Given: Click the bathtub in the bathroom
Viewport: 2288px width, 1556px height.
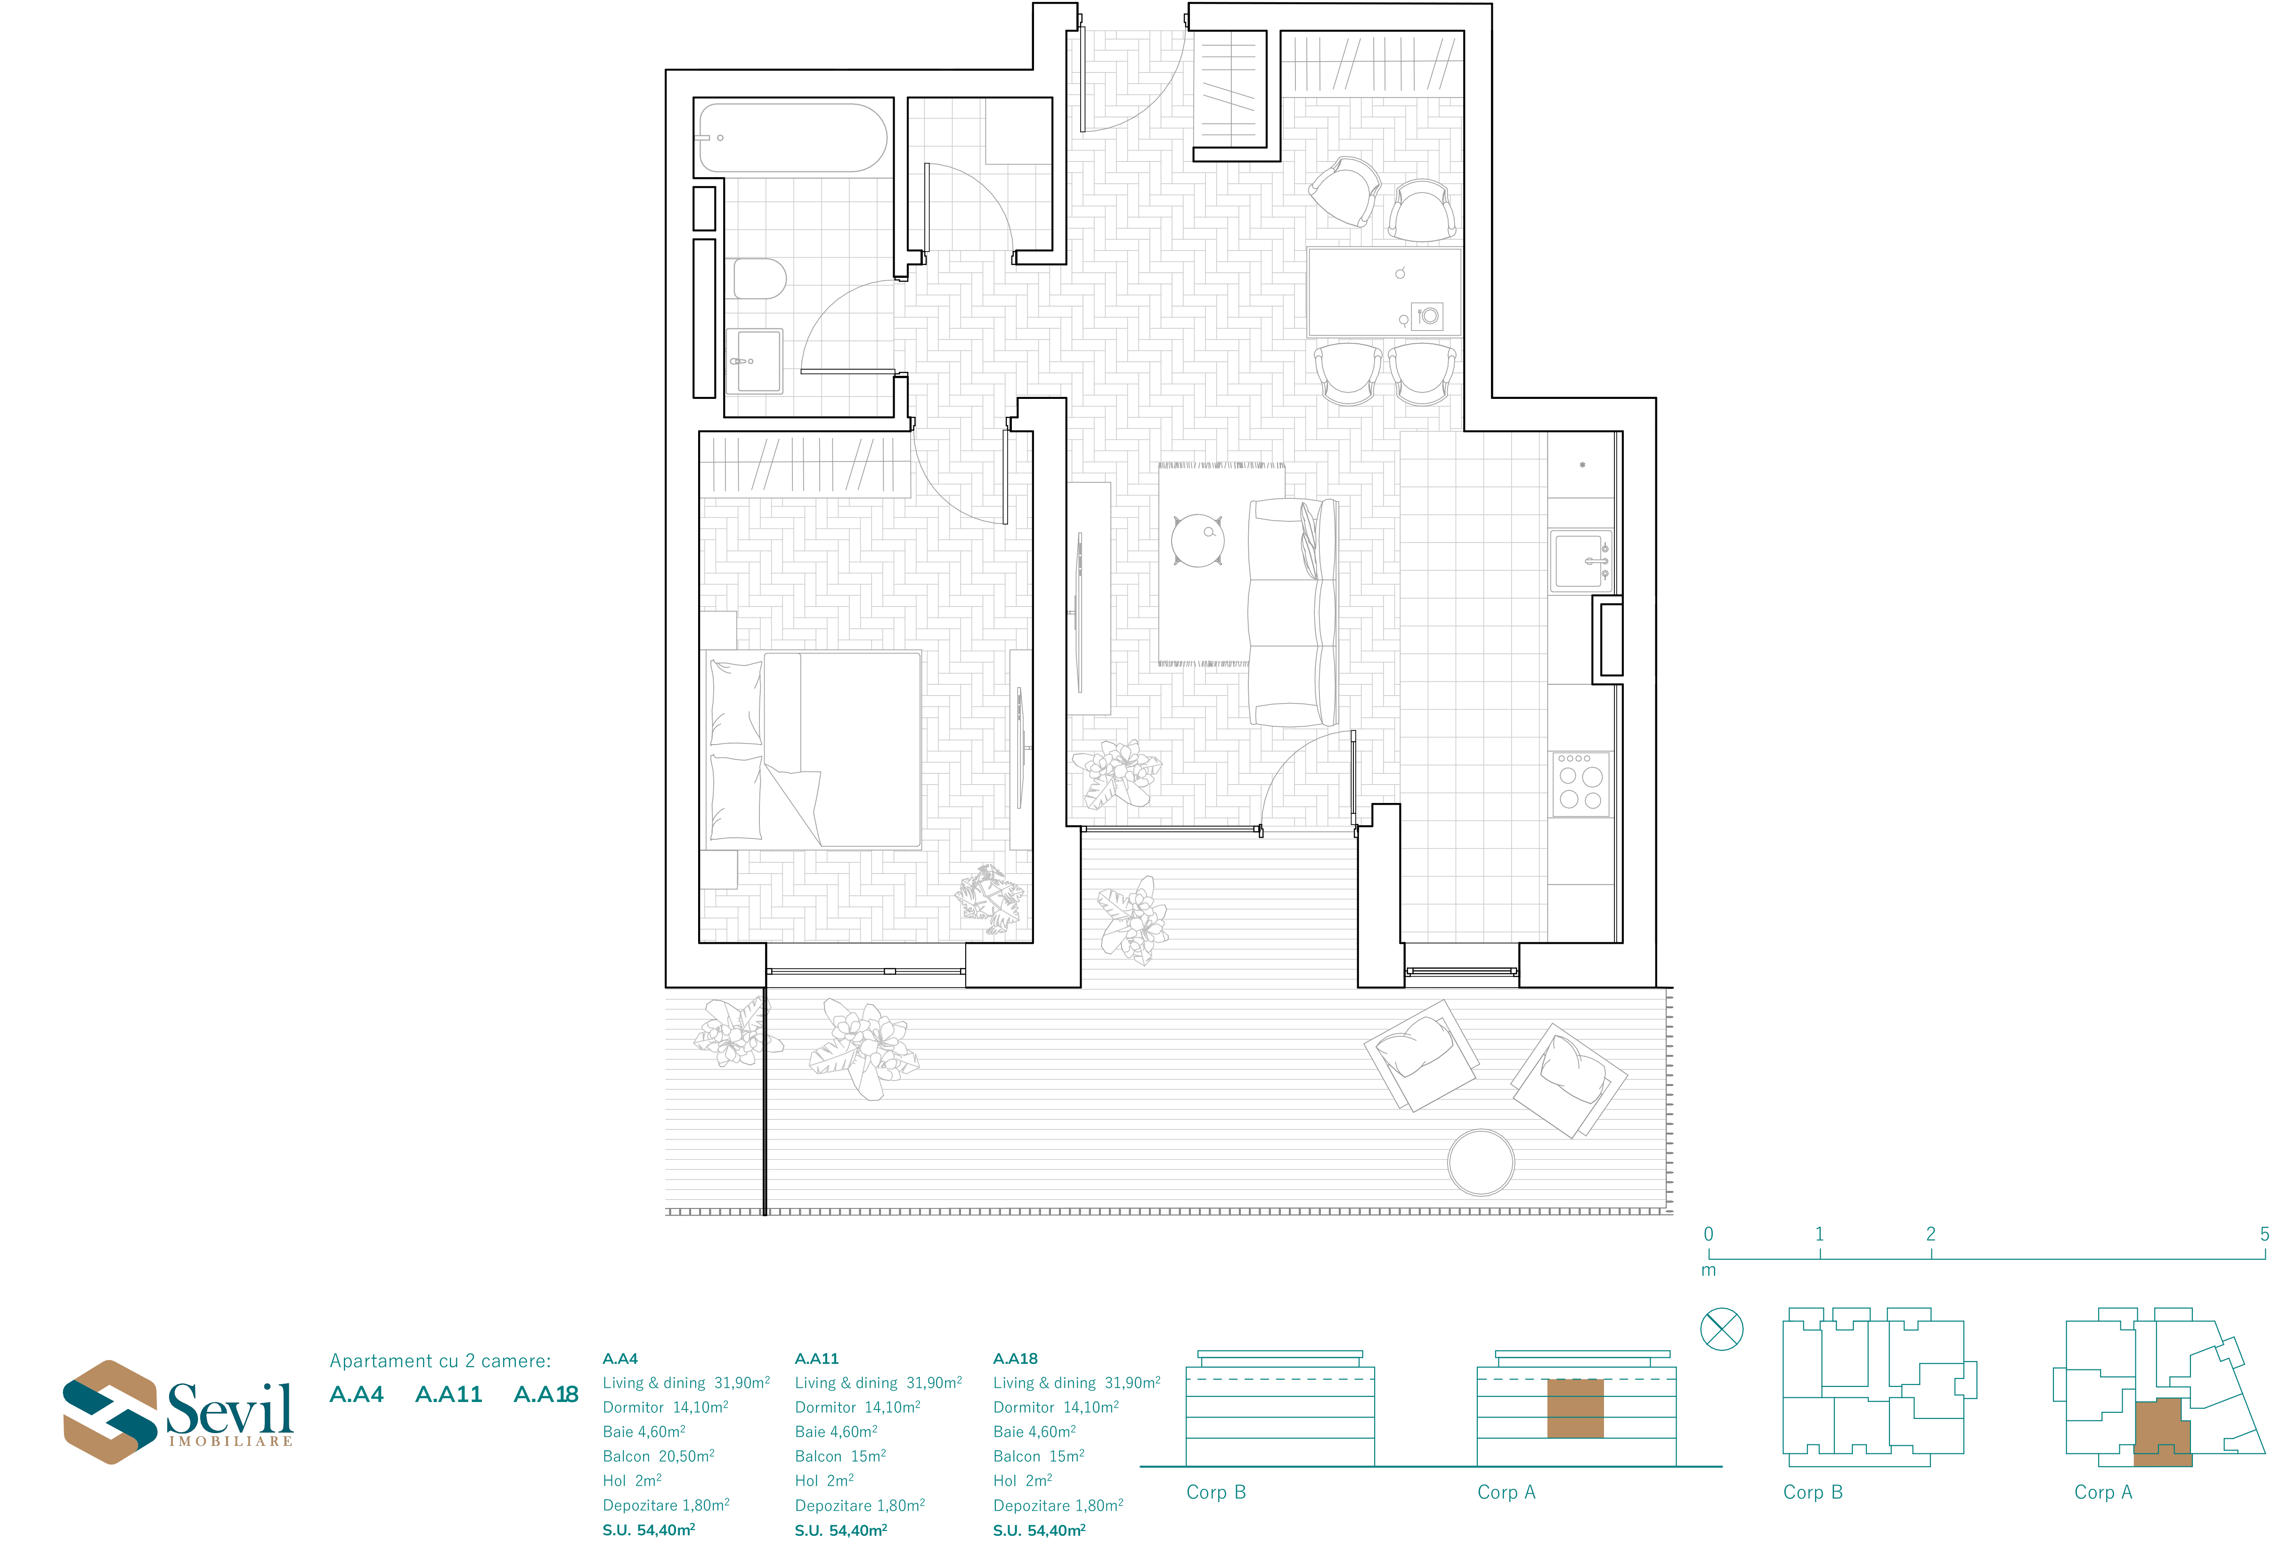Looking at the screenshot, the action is (792, 138).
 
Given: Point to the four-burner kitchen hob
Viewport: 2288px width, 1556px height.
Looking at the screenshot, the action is (1581, 785).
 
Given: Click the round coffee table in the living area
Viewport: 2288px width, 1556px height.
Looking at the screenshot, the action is (1197, 540).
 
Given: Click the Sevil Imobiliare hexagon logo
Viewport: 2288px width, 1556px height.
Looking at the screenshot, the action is (110, 1411).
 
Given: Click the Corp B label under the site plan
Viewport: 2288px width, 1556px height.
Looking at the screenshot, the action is (1813, 1492).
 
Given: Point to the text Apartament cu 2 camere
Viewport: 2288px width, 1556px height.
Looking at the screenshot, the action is (440, 1361).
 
